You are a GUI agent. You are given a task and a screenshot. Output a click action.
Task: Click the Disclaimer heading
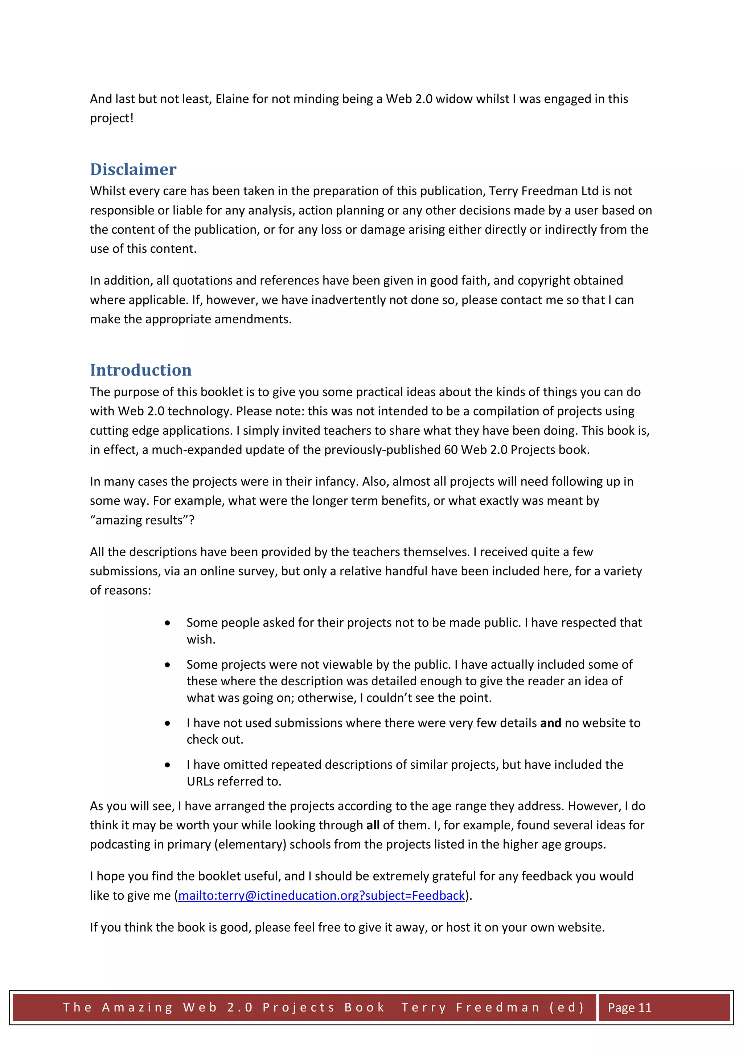(133, 169)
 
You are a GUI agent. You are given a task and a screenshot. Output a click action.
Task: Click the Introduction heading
(140, 370)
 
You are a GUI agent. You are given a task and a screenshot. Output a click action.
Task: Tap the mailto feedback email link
(321, 895)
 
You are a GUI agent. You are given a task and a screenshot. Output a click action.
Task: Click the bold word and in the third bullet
(550, 723)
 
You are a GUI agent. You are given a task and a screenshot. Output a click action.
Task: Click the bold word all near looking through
(373, 825)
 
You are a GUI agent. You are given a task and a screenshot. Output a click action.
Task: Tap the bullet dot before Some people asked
(168, 623)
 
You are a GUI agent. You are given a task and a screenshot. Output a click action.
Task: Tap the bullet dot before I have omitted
(168, 765)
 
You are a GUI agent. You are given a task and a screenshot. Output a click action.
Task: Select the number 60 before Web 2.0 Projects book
(451, 449)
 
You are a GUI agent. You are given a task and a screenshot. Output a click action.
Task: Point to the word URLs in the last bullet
(200, 781)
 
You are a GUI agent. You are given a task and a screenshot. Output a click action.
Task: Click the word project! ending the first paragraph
(112, 118)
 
